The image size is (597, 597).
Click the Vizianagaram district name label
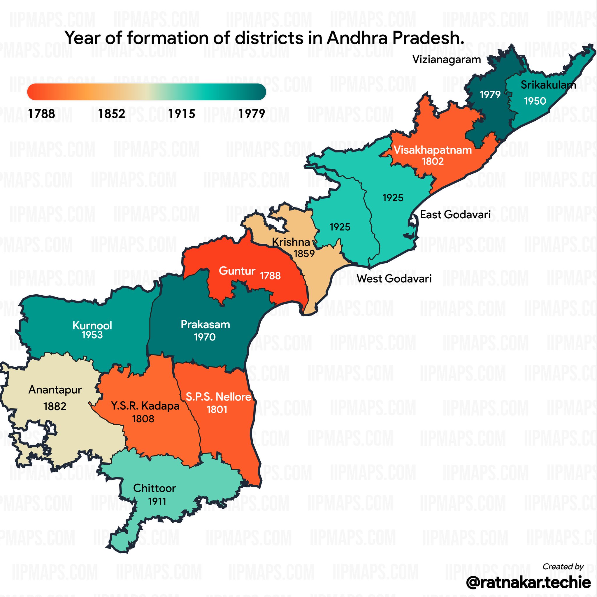coord(447,59)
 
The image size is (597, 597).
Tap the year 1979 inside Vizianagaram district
coord(490,94)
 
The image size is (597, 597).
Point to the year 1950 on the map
coord(535,101)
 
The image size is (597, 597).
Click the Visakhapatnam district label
coord(433,150)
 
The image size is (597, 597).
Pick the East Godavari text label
coord(455,215)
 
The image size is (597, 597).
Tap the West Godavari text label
coord(394,278)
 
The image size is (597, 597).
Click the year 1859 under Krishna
coord(304,254)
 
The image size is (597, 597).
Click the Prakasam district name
coord(205,324)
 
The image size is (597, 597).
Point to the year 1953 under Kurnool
coord(92,335)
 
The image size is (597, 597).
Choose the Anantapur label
coord(55,390)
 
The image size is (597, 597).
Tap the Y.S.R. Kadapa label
coord(145,406)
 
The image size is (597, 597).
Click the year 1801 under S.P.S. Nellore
coord(217,410)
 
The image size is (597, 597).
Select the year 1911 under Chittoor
coord(157,501)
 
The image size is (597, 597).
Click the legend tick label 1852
coord(112,114)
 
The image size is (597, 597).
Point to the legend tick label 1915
coord(182,114)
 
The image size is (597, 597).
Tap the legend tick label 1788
coord(41,114)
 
